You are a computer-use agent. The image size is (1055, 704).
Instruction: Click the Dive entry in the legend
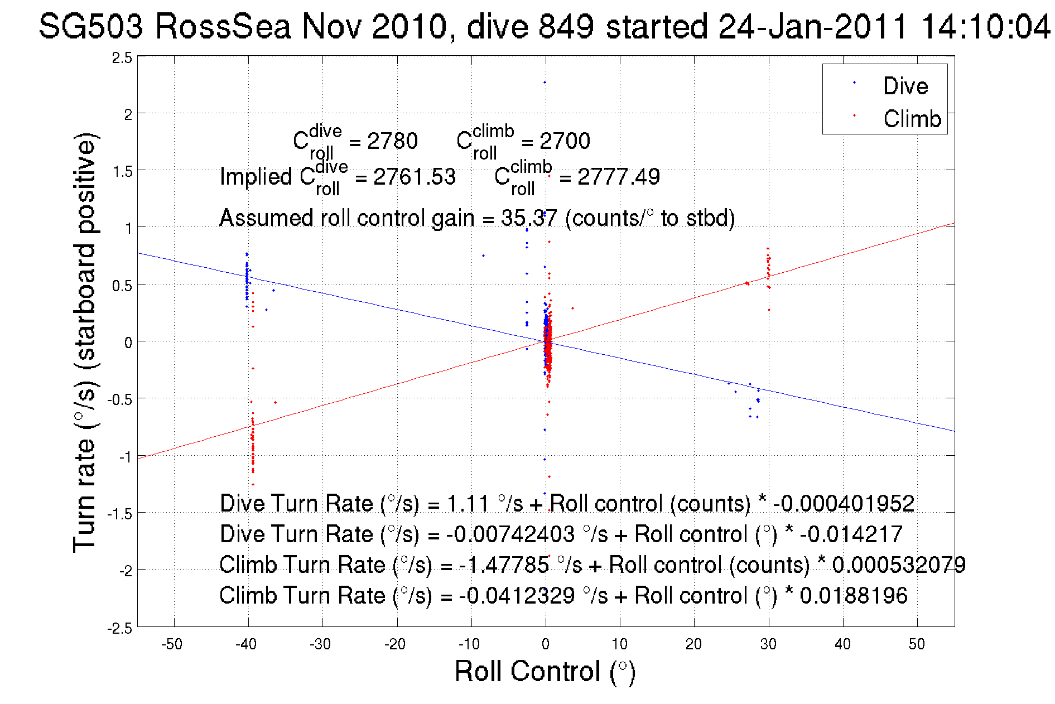click(x=905, y=86)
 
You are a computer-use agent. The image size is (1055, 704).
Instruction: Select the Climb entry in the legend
click(x=912, y=119)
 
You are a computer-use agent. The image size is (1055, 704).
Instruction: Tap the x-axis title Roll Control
click(x=545, y=671)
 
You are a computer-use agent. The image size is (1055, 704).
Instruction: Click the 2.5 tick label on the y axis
click(x=122, y=58)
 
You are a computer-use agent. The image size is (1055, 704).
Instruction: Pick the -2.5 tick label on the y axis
click(x=120, y=629)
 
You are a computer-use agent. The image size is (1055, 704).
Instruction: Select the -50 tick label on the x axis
click(x=172, y=644)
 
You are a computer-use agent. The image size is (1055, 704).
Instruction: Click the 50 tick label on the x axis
click(x=917, y=644)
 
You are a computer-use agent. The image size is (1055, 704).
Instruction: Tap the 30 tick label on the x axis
click(x=768, y=644)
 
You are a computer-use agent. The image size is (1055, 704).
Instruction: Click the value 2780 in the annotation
click(x=392, y=141)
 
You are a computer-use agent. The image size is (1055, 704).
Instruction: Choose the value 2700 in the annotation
click(x=565, y=141)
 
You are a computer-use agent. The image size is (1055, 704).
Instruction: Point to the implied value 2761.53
click(x=414, y=177)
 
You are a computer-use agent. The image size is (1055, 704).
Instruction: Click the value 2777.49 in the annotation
click(x=618, y=177)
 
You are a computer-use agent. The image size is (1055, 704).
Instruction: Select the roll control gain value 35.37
click(x=528, y=218)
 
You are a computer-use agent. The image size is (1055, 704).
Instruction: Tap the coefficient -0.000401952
click(x=844, y=503)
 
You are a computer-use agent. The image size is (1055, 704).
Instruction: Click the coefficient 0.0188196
click(x=854, y=595)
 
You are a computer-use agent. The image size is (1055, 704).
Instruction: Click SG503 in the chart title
click(x=91, y=26)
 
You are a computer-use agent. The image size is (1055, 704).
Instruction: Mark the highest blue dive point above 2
click(x=545, y=83)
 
